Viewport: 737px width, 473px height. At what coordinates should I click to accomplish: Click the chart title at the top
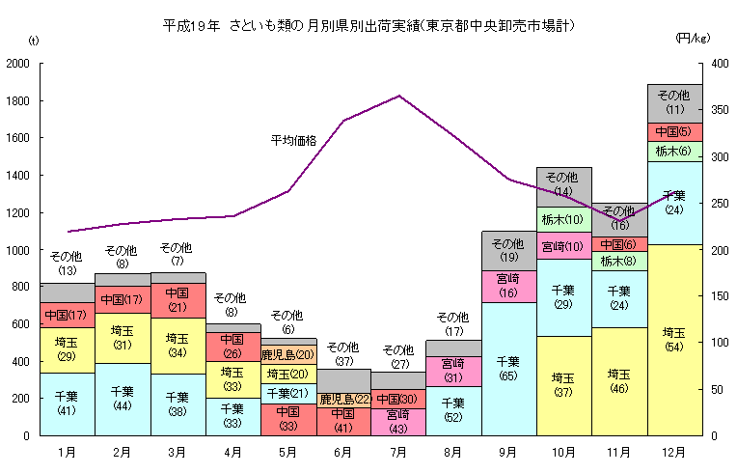(x=369, y=24)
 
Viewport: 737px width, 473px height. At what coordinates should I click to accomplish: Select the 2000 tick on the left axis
(x=18, y=64)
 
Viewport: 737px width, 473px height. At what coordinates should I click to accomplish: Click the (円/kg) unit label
(x=693, y=39)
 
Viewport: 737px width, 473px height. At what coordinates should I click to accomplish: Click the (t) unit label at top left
(x=34, y=40)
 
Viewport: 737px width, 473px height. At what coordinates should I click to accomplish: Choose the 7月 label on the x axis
(x=398, y=451)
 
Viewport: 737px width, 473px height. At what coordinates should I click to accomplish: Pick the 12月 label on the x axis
(x=674, y=451)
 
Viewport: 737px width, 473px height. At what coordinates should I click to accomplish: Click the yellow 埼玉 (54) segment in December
(x=674, y=340)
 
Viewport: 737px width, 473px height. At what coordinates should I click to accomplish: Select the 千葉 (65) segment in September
(x=508, y=369)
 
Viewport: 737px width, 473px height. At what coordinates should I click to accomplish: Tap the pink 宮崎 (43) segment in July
(x=398, y=421)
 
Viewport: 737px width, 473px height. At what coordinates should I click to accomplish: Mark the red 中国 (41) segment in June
(x=343, y=421)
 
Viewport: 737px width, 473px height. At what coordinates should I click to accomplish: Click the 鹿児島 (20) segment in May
(x=288, y=354)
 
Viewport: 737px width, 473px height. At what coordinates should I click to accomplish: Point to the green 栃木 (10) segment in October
(x=563, y=219)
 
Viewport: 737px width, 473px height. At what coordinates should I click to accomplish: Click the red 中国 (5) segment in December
(x=674, y=131)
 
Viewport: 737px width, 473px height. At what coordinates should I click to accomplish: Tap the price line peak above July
(x=398, y=96)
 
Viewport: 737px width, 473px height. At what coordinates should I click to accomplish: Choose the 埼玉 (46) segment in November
(x=618, y=380)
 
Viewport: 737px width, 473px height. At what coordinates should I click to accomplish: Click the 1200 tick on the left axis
(x=18, y=212)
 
